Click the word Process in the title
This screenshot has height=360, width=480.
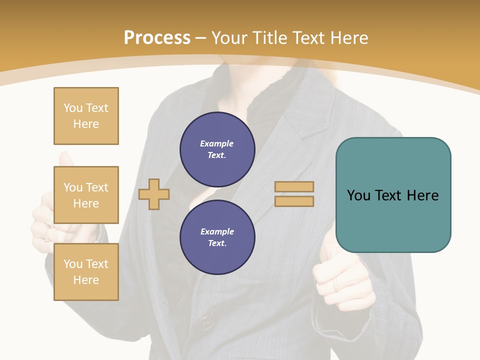click(157, 38)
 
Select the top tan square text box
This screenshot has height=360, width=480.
click(86, 116)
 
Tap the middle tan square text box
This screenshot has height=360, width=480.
click(86, 195)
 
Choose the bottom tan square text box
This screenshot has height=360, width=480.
click(86, 272)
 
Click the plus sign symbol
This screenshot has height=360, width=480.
click(154, 194)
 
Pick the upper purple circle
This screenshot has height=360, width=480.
click(217, 149)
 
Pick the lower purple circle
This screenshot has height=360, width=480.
click(217, 237)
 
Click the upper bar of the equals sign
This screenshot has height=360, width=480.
click(294, 186)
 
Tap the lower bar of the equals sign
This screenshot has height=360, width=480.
click(294, 201)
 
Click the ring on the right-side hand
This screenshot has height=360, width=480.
click(336, 285)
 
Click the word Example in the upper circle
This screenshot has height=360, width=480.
click(216, 144)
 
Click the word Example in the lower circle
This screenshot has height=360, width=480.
click(217, 232)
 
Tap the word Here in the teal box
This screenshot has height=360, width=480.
click(422, 195)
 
